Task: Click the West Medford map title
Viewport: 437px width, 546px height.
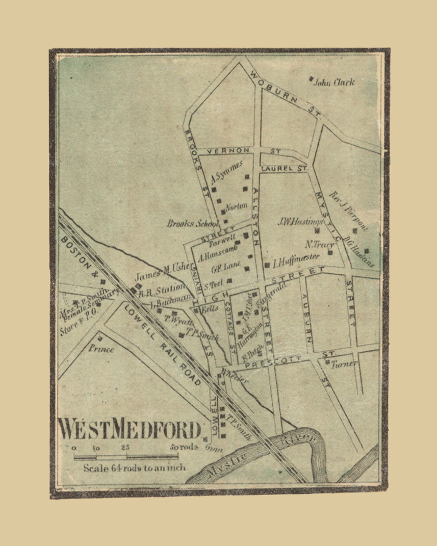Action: pyautogui.click(x=130, y=429)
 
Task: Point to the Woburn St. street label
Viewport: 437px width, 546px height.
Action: pyautogui.click(x=286, y=94)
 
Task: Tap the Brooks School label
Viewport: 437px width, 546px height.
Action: pyautogui.click(x=192, y=223)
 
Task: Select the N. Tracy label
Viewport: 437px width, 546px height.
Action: pyautogui.click(x=320, y=245)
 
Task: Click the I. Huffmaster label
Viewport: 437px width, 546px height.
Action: pyautogui.click(x=296, y=260)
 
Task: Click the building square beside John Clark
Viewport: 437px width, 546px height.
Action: pyautogui.click(x=311, y=79)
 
